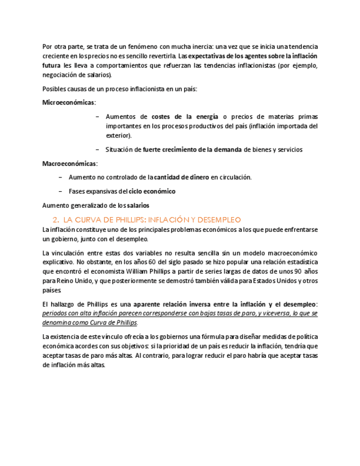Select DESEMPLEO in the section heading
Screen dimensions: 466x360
click(215, 219)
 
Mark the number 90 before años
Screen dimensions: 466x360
click(297, 271)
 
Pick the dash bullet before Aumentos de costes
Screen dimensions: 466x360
click(98, 116)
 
